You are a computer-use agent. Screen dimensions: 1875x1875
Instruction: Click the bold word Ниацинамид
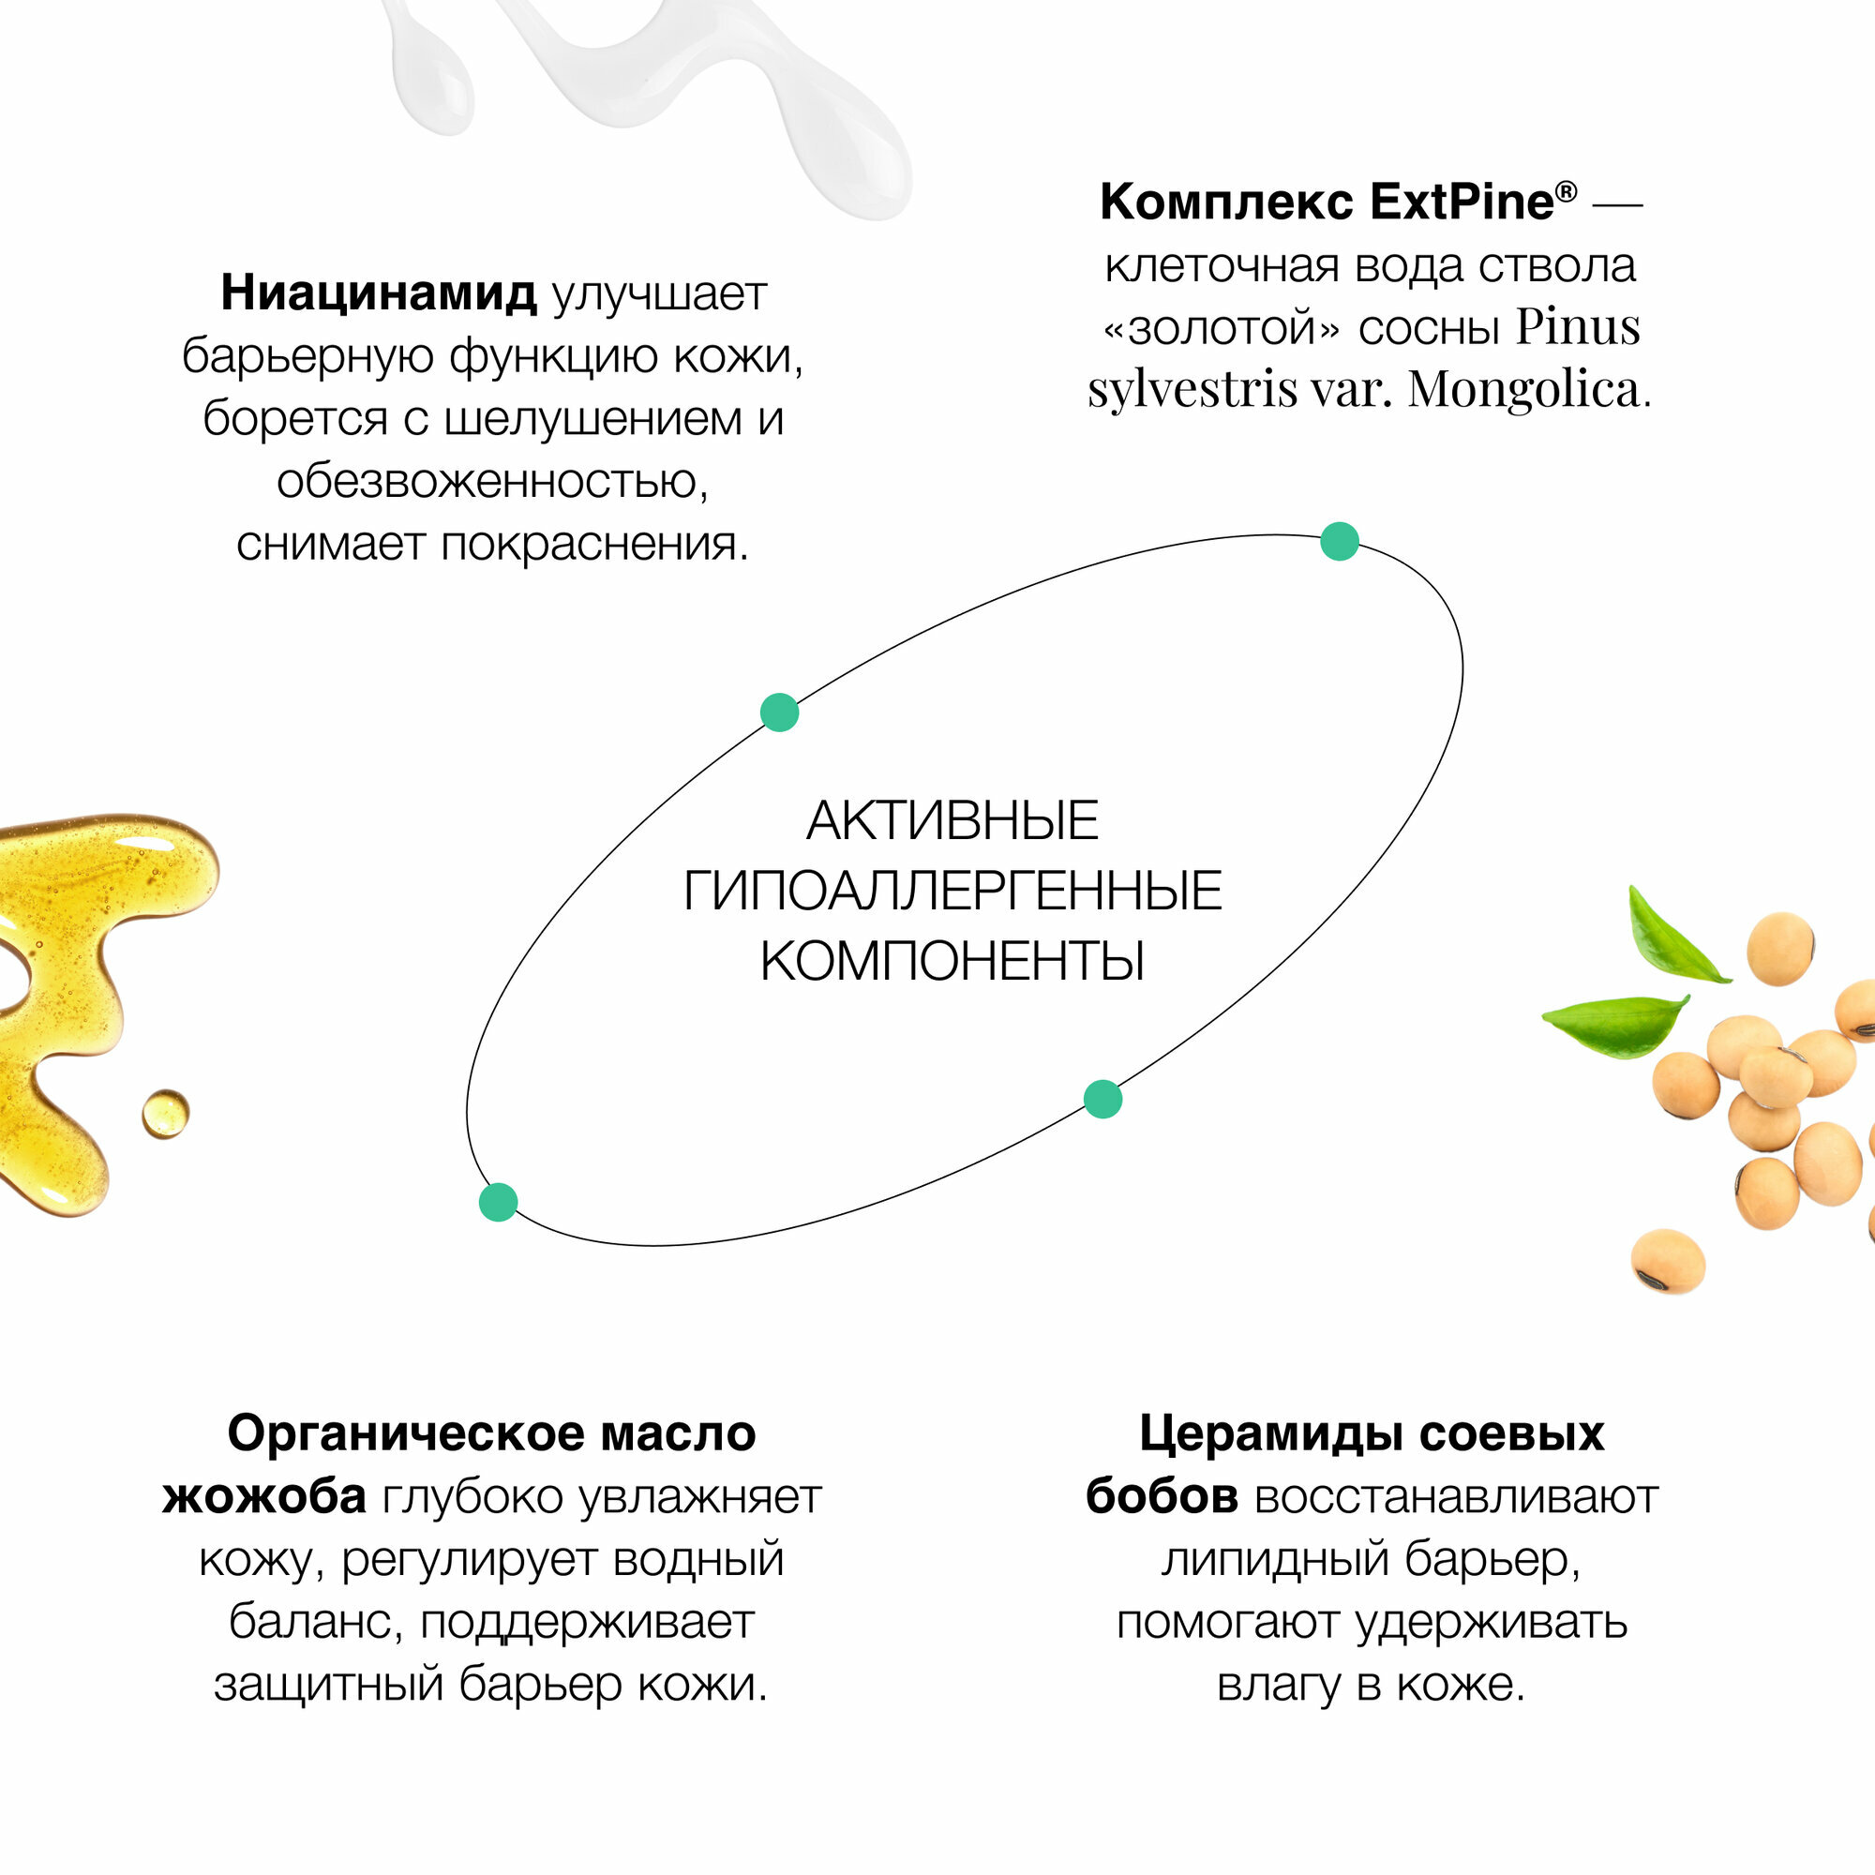[378, 292]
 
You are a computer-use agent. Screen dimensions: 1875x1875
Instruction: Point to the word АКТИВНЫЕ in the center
[952, 821]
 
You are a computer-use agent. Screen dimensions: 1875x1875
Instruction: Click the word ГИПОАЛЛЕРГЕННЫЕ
[952, 891]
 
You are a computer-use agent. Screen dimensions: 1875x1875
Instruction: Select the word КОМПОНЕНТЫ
[952, 962]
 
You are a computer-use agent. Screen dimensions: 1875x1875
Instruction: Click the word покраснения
[594, 545]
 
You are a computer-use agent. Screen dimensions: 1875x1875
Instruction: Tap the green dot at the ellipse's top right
[1340, 542]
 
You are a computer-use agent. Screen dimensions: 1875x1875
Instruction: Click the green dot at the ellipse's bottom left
[499, 1203]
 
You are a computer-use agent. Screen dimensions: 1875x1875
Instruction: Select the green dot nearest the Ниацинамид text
[779, 712]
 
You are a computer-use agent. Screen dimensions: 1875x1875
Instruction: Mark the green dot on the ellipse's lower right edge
[1102, 1100]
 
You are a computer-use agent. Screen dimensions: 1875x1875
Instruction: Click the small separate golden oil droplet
[165, 1113]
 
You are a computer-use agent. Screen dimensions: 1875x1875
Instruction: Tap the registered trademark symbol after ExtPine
[1567, 191]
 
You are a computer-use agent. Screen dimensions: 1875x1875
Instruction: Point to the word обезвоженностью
[492, 482]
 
